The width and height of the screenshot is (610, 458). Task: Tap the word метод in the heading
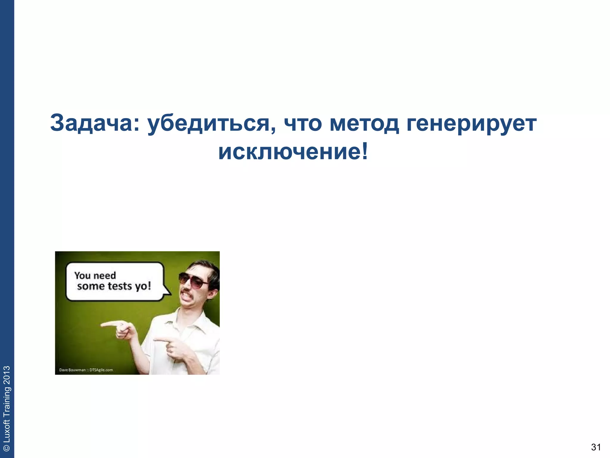pyautogui.click(x=364, y=123)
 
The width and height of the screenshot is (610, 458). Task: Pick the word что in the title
pyautogui.click(x=303, y=123)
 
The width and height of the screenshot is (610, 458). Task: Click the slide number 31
pyautogui.click(x=596, y=447)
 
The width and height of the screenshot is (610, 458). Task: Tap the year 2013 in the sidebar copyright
pyautogui.click(x=7, y=376)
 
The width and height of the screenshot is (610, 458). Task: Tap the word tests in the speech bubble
pyautogui.click(x=120, y=286)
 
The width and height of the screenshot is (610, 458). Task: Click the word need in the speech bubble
pyautogui.click(x=104, y=275)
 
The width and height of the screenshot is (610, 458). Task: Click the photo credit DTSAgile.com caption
pyautogui.click(x=101, y=370)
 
